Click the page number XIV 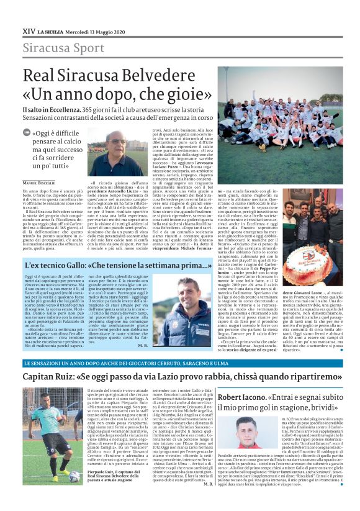point(28,30)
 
